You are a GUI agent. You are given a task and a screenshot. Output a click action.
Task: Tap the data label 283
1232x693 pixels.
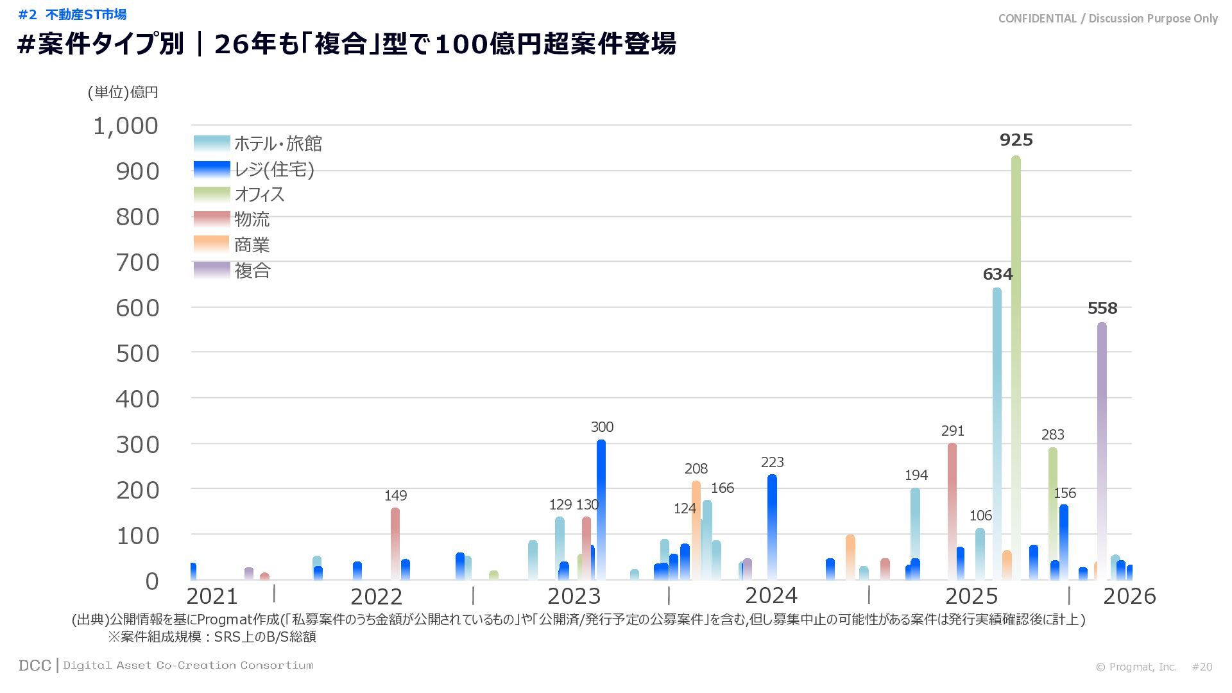(x=1052, y=435)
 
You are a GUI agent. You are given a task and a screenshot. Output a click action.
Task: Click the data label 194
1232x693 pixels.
(x=916, y=475)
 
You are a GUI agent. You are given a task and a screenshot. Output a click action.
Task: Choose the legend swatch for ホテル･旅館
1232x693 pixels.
(x=212, y=143)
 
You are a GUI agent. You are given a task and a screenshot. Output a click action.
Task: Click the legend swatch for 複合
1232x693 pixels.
(x=212, y=270)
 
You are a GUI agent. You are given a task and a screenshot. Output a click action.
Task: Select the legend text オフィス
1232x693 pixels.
(x=259, y=194)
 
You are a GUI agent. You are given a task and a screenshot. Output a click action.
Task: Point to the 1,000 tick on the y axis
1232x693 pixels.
(x=126, y=126)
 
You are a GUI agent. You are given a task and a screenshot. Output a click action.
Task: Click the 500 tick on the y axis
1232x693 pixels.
(x=137, y=354)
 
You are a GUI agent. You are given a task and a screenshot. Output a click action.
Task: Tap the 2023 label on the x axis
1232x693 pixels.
(x=574, y=596)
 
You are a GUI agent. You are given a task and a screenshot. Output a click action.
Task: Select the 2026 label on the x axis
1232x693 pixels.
(x=1129, y=596)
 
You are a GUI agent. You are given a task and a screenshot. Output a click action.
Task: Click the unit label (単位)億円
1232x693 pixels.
(x=123, y=92)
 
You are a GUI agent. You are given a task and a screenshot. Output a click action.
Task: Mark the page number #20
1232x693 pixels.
(x=1202, y=667)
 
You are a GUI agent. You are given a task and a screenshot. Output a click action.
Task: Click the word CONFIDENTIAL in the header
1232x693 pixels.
(x=1037, y=19)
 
